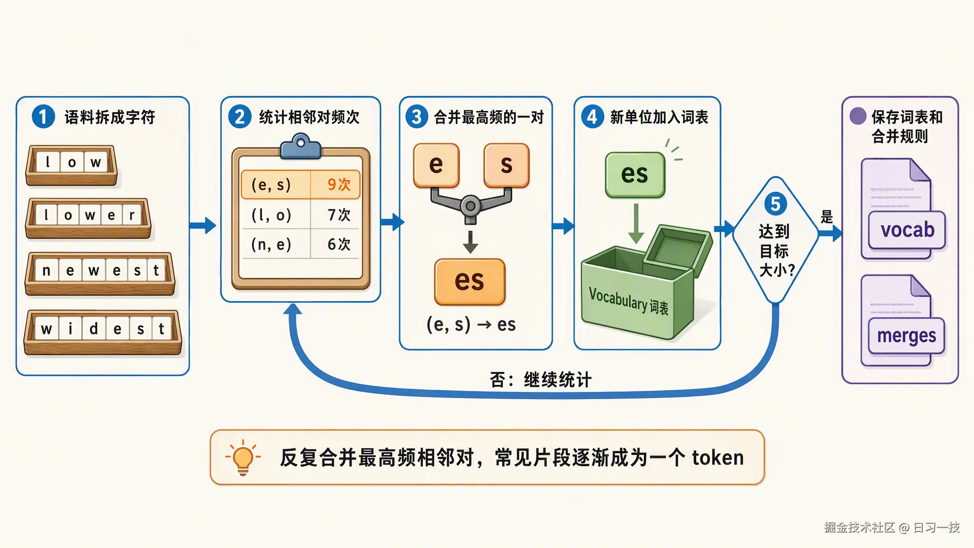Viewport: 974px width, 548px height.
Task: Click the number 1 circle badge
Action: pos(43,117)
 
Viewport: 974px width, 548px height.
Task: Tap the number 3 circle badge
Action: pos(417,117)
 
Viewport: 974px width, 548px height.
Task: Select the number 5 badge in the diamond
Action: pos(776,204)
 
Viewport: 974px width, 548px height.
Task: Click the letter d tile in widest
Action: pos(94,328)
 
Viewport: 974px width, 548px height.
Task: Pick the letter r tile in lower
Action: pos(132,215)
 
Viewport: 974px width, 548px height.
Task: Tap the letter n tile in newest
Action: pos(46,270)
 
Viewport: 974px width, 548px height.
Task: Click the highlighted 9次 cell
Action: pos(335,184)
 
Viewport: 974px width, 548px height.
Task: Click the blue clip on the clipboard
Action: pos(301,147)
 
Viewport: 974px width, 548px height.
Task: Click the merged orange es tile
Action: pos(470,282)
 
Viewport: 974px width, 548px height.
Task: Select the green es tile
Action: pos(635,175)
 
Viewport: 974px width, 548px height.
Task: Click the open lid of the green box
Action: pos(678,250)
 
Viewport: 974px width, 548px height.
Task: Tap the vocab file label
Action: pos(907,230)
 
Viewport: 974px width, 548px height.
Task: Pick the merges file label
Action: pos(906,336)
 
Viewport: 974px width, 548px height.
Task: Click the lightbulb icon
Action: pos(243,458)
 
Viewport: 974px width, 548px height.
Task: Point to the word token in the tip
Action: pos(718,458)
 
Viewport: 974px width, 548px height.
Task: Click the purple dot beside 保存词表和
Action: pos(858,116)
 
